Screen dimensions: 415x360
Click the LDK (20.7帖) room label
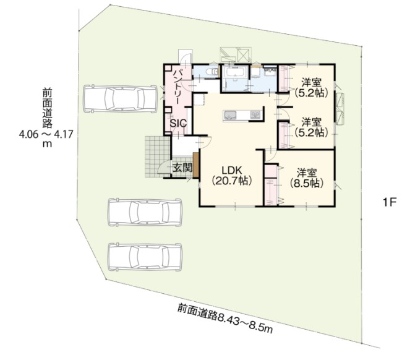pos(231,175)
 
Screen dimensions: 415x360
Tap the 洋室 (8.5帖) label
pos(307,178)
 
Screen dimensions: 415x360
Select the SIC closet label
pos(178,123)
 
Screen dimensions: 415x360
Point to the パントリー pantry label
pos(178,87)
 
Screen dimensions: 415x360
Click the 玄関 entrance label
pos(182,168)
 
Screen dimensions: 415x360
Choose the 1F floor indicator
pos(389,203)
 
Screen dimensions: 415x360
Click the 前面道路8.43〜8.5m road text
pos(225,319)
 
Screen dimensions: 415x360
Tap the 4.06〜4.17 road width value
pos(46,134)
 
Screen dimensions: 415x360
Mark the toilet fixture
pos(212,72)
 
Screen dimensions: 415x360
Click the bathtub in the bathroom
pos(235,72)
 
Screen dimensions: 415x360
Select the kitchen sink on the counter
pos(230,115)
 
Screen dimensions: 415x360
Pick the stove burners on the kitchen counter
pos(255,114)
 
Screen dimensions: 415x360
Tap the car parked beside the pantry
pos(120,99)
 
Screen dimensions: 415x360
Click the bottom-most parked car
pos(145,257)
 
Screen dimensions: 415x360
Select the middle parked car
pos(145,212)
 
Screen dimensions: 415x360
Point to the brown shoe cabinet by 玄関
pos(196,165)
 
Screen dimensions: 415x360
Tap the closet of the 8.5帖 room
pos(271,186)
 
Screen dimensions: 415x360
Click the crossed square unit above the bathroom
pos(244,55)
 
